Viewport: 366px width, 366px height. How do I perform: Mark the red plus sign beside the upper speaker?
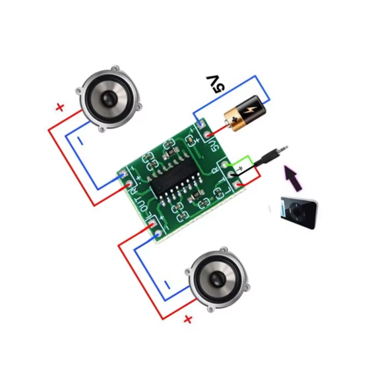[59, 108]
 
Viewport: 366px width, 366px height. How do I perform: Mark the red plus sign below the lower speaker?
[188, 319]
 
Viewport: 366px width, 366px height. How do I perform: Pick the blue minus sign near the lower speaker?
[167, 286]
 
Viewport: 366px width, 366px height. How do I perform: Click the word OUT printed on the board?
[144, 205]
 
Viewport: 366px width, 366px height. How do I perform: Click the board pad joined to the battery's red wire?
[208, 135]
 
